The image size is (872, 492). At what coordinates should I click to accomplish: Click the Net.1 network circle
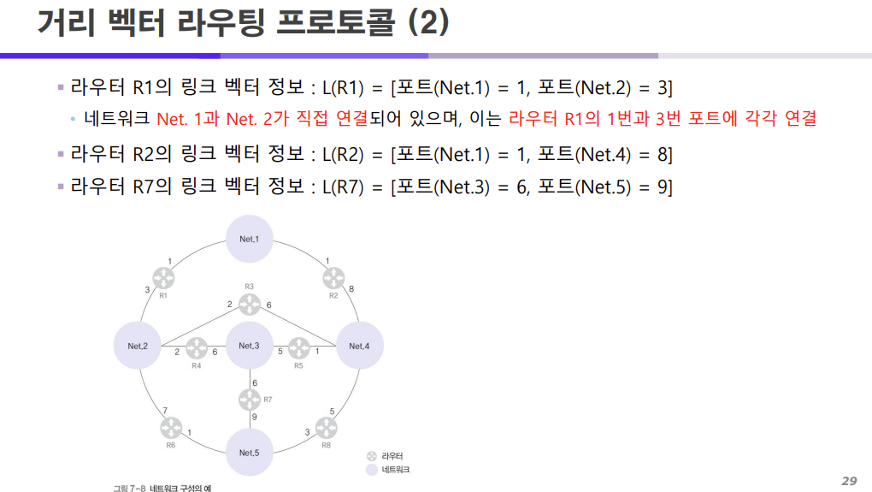[249, 239]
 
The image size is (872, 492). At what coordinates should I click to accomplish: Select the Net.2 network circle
[138, 346]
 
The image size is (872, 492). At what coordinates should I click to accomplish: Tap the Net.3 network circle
[249, 346]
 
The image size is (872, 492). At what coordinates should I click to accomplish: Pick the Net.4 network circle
[360, 346]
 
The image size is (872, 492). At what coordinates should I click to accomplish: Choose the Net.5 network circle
[249, 452]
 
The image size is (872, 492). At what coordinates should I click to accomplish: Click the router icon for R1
[163, 277]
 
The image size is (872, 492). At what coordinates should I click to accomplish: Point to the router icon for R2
[333, 277]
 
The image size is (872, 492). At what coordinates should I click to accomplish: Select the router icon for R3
[249, 303]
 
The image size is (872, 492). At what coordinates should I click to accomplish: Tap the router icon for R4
[197, 347]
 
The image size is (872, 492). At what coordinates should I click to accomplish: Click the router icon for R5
[298, 347]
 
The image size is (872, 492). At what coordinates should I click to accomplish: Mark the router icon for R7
[249, 399]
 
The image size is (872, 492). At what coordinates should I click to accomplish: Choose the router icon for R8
[326, 427]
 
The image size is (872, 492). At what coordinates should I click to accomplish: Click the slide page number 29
[848, 480]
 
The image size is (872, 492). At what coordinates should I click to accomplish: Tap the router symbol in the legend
[371, 457]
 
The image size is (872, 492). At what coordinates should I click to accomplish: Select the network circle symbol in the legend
[371, 470]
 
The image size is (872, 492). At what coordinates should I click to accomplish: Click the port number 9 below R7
[254, 417]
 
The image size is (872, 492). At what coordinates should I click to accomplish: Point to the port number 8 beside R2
[351, 289]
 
